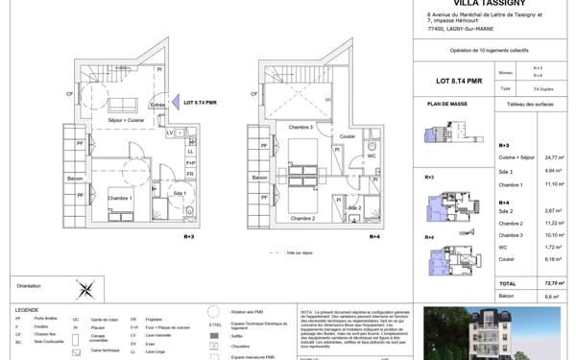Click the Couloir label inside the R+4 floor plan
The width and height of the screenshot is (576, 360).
[x=348, y=136]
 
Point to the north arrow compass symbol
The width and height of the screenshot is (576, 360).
[x=84, y=286]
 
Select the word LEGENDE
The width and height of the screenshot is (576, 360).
[x=26, y=309]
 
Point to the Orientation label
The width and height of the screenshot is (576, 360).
[x=29, y=286]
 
